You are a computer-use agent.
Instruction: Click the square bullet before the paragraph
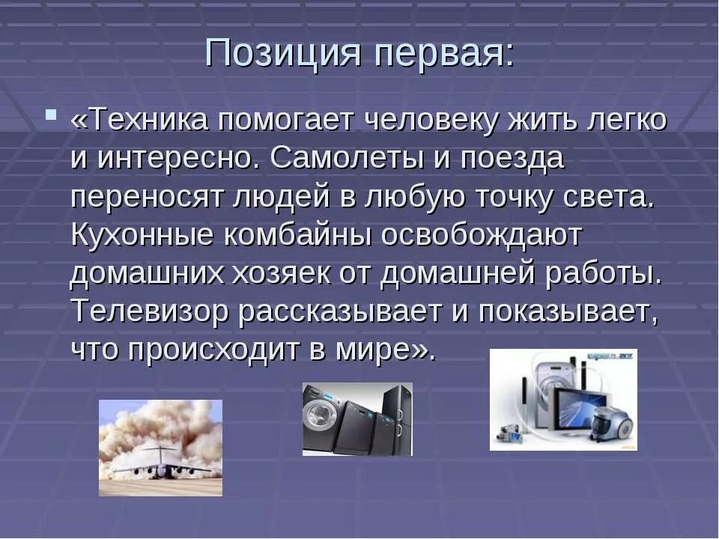(x=50, y=116)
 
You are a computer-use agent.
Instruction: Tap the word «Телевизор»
(x=150, y=312)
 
